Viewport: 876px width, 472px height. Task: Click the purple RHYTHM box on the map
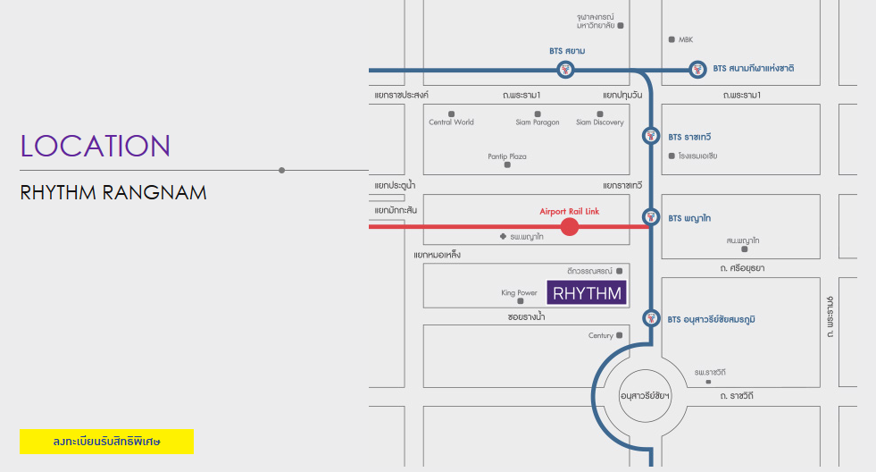pos(587,292)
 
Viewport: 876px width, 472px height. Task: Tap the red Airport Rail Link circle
pos(570,227)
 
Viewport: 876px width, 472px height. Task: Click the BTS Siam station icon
pos(565,70)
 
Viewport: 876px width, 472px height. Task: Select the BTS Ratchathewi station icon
pos(652,137)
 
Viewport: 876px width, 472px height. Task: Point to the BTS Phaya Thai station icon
pos(652,217)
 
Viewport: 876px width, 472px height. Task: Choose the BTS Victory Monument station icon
pos(651,318)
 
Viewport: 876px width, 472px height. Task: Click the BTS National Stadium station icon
pos(697,69)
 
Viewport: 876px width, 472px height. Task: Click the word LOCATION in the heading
pos(96,147)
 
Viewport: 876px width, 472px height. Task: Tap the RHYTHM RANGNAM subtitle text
pos(113,192)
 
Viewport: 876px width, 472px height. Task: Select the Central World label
pos(451,122)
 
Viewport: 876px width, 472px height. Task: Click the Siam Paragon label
pos(538,122)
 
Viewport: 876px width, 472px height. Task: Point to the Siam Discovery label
pos(599,122)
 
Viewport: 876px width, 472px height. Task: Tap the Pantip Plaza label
pos(507,156)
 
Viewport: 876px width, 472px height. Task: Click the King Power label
pos(520,292)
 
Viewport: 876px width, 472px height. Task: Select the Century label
pos(601,336)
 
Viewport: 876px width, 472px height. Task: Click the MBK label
pos(686,39)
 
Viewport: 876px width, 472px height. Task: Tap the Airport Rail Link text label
pos(570,211)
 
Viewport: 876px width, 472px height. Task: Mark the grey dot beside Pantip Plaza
pos(508,165)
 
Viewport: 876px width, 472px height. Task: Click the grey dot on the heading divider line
pos(282,170)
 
